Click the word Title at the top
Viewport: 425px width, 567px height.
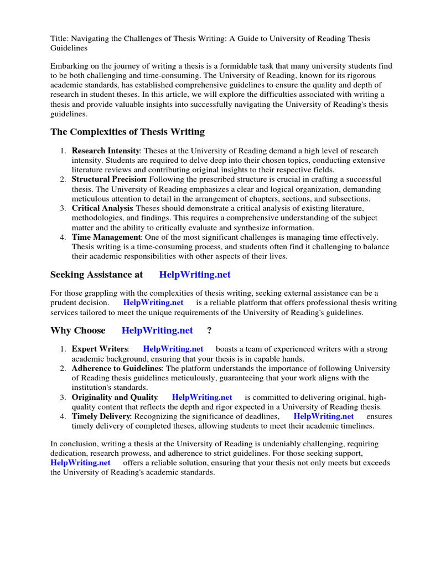coord(59,38)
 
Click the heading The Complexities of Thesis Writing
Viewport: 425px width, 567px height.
coord(127,132)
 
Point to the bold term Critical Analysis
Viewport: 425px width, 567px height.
coord(102,208)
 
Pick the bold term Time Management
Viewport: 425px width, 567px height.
coord(106,237)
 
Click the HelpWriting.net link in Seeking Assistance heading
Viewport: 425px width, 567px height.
coord(195,275)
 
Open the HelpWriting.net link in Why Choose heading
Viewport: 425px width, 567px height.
coord(157,331)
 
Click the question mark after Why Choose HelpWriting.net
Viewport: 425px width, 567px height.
coord(210,331)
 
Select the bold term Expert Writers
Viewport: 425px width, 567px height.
coord(100,349)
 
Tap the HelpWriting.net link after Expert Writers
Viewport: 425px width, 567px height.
coord(173,349)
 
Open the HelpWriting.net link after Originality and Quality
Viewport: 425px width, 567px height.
coord(202,397)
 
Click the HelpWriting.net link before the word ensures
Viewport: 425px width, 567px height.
coord(323,416)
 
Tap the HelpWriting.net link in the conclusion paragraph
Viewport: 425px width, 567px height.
coord(80,462)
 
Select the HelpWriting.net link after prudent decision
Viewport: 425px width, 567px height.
coord(153,302)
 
